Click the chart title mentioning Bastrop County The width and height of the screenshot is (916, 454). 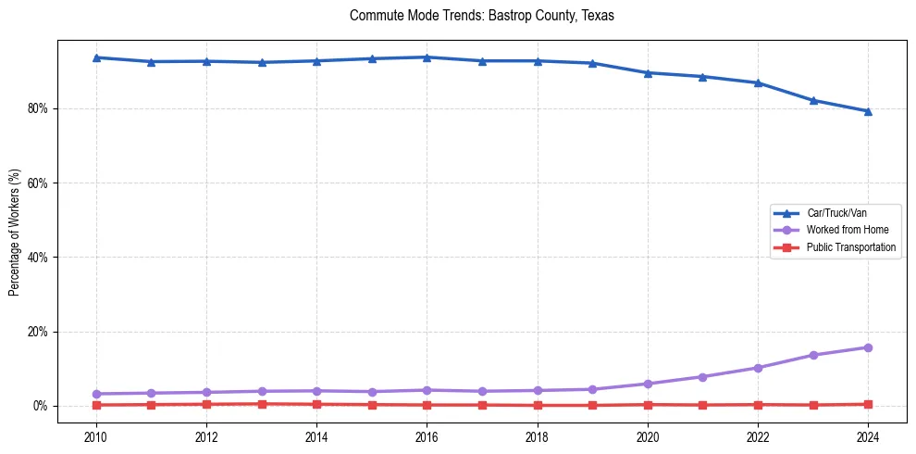pos(481,16)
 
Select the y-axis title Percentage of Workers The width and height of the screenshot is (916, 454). pos(14,233)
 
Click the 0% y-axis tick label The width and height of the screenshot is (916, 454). pos(40,406)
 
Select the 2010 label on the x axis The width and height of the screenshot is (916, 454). pos(95,436)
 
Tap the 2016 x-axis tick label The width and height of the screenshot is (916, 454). pos(427,436)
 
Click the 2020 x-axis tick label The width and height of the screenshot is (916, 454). pos(648,436)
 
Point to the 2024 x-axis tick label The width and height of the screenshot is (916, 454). pos(868,436)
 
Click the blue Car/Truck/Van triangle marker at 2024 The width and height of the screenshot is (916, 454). pos(868,111)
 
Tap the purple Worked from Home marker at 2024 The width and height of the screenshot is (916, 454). pos(868,347)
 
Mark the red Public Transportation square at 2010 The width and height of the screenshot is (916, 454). pos(95,405)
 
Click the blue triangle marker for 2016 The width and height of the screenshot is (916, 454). pos(427,57)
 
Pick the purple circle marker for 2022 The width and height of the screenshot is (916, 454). pos(758,368)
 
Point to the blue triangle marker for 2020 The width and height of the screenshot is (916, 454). pos(648,73)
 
